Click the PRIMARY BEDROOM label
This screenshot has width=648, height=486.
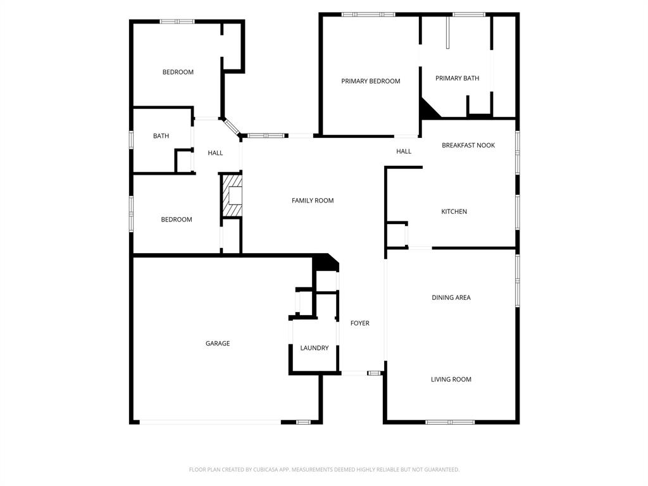coord(370,81)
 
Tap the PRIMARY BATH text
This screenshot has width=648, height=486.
coord(457,78)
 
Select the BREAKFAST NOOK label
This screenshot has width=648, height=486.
coord(468,146)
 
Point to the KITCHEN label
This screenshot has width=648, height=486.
coord(454,212)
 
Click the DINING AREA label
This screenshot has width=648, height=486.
coord(451,297)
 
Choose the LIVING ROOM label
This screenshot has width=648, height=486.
coord(451,380)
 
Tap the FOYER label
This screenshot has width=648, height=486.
coord(359,323)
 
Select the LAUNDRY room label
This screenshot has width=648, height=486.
coord(314,348)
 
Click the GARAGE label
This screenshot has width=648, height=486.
coord(217,344)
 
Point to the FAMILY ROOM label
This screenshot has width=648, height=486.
coord(312,201)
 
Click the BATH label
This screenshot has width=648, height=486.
coord(161,136)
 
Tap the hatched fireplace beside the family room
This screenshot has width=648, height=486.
coord(232,196)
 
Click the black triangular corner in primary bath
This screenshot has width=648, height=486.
coord(428,109)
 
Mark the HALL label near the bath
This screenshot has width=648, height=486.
coord(215,153)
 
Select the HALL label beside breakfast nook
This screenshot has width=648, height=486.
coord(403,151)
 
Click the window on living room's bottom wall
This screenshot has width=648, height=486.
coord(449,421)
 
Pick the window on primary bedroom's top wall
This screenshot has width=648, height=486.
coord(368,14)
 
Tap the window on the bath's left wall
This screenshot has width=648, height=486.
coord(131,139)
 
